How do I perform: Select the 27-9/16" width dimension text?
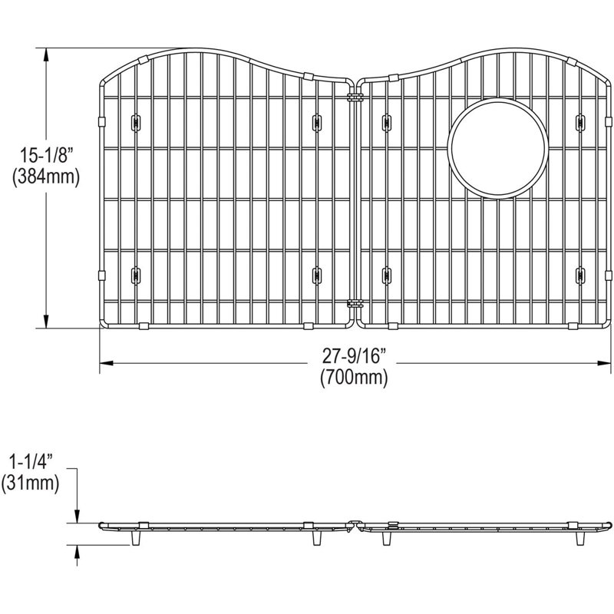tap(355, 356)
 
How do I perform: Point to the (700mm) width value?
tap(354, 378)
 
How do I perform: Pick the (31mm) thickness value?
tap(30, 484)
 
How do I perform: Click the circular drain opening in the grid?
tap(497, 148)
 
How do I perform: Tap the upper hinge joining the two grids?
tap(355, 97)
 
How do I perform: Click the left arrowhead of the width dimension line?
tap(106, 363)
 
